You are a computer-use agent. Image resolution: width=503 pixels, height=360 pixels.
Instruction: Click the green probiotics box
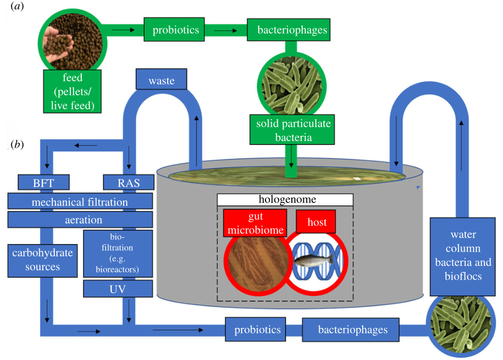175,30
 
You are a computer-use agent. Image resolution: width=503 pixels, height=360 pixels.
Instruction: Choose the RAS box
129,182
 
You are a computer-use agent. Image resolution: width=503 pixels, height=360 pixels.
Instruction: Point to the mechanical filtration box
80,201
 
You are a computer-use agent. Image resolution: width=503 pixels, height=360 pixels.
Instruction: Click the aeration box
80,220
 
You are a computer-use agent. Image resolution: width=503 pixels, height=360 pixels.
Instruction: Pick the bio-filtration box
118,254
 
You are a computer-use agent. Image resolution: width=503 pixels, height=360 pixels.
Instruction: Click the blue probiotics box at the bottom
257,329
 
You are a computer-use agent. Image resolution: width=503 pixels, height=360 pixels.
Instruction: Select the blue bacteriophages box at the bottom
352,329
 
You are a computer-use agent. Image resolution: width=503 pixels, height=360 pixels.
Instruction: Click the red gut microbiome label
255,223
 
